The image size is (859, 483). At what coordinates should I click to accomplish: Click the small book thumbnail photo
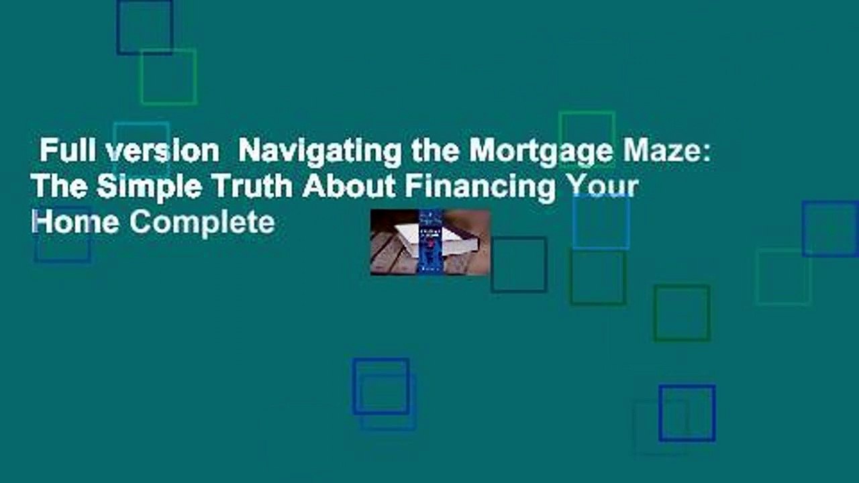[x=430, y=242]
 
